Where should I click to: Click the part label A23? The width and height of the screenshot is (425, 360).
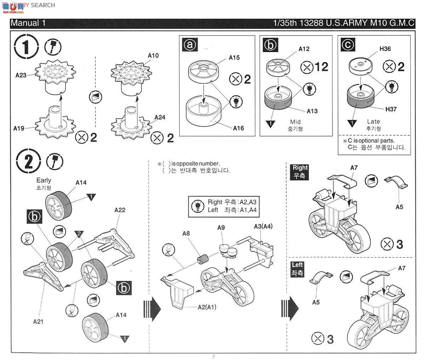21,75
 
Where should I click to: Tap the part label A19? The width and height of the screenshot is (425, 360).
19,128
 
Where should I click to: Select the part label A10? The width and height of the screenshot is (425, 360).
153,55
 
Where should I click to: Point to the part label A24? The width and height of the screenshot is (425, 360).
160,117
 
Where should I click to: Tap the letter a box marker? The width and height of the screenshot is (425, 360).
190,45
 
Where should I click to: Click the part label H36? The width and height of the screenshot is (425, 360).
385,49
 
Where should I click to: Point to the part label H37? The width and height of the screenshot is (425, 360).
391,109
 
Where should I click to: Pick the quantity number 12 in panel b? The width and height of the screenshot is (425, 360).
321,66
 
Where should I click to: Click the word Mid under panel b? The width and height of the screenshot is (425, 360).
295,122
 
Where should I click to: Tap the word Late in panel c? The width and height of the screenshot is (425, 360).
373,121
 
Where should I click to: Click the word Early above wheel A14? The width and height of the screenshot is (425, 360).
44,180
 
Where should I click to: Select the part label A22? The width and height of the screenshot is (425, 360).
120,210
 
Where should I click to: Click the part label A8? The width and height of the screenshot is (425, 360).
186,233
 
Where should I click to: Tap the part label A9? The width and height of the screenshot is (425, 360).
221,227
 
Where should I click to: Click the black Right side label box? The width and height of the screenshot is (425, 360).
300,171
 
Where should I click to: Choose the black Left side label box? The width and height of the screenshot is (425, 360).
297,269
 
